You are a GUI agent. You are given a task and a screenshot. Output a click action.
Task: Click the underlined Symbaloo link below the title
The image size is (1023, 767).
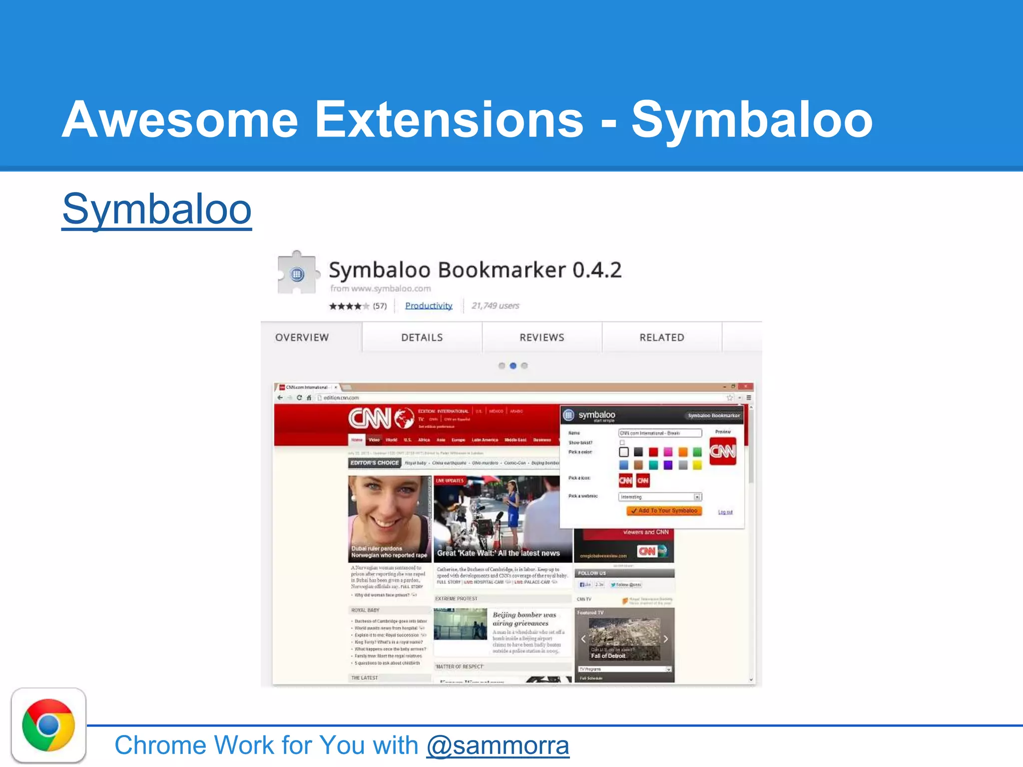(156, 210)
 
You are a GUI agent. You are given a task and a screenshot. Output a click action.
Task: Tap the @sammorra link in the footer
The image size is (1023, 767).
(498, 746)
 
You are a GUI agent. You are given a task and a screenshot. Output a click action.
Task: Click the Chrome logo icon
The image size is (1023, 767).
(48, 725)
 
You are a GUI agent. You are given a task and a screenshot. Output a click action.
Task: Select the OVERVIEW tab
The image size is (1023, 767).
(302, 338)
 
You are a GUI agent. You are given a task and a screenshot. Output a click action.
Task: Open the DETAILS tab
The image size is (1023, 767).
(422, 338)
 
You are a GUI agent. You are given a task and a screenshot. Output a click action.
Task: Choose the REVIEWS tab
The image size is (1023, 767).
(542, 338)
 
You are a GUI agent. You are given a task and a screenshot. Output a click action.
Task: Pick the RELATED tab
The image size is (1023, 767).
(662, 338)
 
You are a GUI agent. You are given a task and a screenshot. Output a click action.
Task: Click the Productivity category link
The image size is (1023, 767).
(429, 306)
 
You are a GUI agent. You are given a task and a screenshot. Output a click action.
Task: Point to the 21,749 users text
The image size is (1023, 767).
(496, 306)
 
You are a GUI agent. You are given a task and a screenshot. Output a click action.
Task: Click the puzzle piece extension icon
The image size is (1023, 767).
(297, 273)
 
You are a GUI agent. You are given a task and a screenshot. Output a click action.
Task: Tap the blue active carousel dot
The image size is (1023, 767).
(513, 366)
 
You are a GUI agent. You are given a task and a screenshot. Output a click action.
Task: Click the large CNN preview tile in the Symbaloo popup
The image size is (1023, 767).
(723, 451)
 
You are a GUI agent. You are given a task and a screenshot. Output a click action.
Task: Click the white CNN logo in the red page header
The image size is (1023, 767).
(370, 418)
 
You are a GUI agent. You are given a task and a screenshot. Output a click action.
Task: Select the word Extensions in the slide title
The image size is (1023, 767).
(449, 120)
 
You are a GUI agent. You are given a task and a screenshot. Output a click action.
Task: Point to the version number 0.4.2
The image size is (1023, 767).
(597, 270)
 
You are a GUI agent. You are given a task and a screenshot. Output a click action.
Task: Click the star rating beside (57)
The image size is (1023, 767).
(349, 306)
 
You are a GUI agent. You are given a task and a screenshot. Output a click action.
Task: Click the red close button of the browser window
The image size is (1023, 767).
(746, 386)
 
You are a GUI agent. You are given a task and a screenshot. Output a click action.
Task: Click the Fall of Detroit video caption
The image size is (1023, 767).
(608, 656)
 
